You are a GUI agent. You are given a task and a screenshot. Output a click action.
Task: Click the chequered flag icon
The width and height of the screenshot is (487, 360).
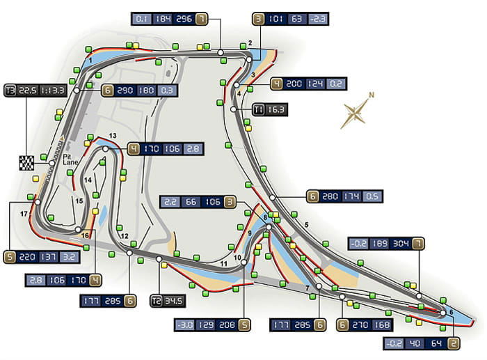click(x=26, y=163)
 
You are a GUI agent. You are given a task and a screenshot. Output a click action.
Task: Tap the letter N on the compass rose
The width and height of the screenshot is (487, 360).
click(x=371, y=95)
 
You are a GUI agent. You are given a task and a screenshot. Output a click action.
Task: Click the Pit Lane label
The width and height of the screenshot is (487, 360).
click(x=70, y=159)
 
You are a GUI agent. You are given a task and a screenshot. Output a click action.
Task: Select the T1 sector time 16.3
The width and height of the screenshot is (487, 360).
click(x=276, y=110)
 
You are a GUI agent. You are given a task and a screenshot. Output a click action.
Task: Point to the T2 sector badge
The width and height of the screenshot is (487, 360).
click(x=157, y=301)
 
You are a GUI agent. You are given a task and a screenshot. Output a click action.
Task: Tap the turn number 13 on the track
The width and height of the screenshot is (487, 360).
click(x=113, y=136)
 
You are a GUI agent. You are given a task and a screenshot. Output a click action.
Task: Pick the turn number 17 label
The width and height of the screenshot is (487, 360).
click(x=24, y=214)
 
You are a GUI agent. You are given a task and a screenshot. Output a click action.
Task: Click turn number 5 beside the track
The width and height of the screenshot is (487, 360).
click(x=307, y=225)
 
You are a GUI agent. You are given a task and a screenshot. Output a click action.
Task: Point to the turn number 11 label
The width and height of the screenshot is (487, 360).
click(x=223, y=264)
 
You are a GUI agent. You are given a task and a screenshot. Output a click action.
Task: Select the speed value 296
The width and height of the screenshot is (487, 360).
click(x=184, y=19)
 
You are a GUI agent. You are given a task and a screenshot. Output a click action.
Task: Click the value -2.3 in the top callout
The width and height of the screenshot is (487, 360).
click(x=317, y=19)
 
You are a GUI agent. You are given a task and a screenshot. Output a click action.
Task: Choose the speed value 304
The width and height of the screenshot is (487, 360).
click(x=401, y=244)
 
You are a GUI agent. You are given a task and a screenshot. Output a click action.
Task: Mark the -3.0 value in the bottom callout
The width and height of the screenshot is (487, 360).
click(x=186, y=325)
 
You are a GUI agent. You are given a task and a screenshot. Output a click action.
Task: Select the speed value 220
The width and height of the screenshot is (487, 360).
click(x=27, y=258)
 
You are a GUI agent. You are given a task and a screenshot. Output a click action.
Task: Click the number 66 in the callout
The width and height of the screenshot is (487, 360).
click(x=191, y=202)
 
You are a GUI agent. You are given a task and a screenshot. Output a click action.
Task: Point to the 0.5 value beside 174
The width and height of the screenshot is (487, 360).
click(x=372, y=196)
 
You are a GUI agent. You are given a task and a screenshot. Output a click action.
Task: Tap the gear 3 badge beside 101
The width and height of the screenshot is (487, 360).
click(x=258, y=19)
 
